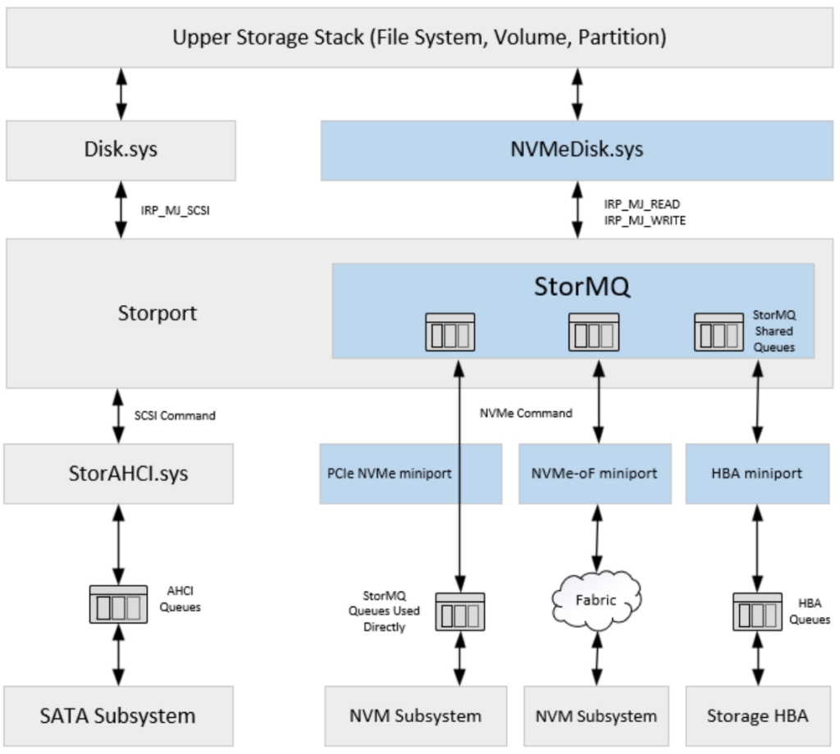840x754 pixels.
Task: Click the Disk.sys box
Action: (x=121, y=150)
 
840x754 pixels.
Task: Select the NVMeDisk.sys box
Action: (x=577, y=150)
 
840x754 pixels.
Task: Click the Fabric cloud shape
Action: (x=596, y=601)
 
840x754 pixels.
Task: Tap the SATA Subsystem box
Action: (x=117, y=715)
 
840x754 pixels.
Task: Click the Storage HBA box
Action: (x=756, y=715)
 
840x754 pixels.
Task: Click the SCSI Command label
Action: (x=175, y=416)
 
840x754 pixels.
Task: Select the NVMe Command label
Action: (x=526, y=413)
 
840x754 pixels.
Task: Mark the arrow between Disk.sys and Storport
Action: (x=121, y=210)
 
